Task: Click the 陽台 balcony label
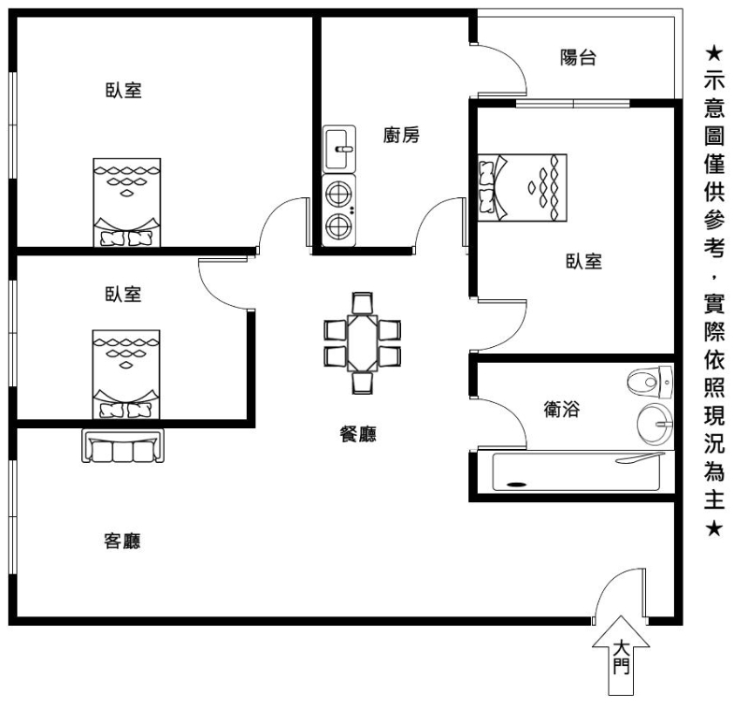pyautogui.click(x=578, y=58)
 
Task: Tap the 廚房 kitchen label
pyautogui.click(x=401, y=135)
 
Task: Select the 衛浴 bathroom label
pyautogui.click(x=562, y=409)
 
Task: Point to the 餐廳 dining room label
pyautogui.click(x=358, y=434)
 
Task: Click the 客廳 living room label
pyautogui.click(x=122, y=541)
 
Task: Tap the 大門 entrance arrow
pyautogui.click(x=621, y=655)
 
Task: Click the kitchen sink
pyautogui.click(x=339, y=149)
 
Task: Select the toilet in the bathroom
pyautogui.click(x=650, y=382)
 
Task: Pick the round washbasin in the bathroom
pyautogui.click(x=655, y=424)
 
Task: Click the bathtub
pyautogui.click(x=577, y=471)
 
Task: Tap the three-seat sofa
pyautogui.click(x=123, y=445)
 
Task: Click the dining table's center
pyautogui.click(x=363, y=343)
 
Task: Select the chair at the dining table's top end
pyautogui.click(x=363, y=302)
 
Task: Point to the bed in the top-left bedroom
pyautogui.click(x=127, y=203)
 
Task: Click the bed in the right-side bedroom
pyautogui.click(x=523, y=187)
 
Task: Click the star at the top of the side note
pyautogui.click(x=713, y=53)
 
